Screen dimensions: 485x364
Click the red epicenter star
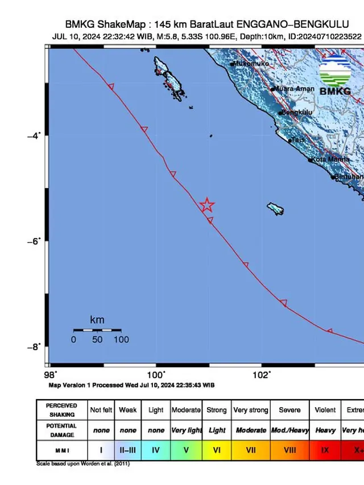[208, 205]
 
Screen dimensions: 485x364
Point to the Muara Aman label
[295, 89]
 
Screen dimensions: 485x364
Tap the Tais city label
[298, 140]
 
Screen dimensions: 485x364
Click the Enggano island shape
[276, 209]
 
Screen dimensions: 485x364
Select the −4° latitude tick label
[35, 135]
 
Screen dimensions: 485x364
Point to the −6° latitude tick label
[35, 241]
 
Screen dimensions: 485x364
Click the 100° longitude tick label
[156, 374]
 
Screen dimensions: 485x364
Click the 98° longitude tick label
[51, 374]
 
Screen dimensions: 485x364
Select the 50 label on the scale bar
[97, 339]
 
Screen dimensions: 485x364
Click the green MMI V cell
[186, 449]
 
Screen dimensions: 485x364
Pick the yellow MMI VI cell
[217, 449]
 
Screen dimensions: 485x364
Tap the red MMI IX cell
[325, 449]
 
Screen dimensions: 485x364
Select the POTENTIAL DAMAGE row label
[61, 430]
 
